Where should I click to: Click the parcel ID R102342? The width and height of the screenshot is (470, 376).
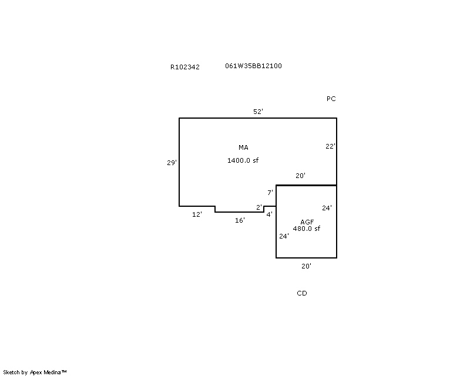[x=185, y=67]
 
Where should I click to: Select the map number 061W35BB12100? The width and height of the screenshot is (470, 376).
[x=253, y=66]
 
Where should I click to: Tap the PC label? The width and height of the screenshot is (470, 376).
[x=331, y=99]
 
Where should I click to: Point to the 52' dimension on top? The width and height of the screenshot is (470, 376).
[x=258, y=112]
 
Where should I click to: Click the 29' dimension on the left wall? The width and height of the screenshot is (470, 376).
[x=172, y=163]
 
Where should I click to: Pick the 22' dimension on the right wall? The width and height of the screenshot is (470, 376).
[x=330, y=146]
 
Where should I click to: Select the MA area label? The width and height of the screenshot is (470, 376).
[x=243, y=147]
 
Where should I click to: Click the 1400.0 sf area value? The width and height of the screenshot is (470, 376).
[x=243, y=160]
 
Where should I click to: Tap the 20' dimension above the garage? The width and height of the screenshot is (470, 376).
[x=300, y=176]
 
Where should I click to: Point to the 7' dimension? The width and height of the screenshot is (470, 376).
[x=270, y=193]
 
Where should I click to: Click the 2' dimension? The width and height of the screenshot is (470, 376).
[x=259, y=207]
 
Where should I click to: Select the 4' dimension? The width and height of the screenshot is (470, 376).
[x=270, y=214]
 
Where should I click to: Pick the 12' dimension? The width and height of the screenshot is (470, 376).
[x=197, y=214]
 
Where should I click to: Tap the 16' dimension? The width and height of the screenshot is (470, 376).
[x=240, y=220]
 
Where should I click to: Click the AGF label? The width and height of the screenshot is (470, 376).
[x=307, y=222]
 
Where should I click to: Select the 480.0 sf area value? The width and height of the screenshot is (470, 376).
[x=306, y=229]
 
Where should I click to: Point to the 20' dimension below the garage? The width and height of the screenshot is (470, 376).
[x=306, y=266]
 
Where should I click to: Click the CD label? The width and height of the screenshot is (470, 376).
[x=302, y=293]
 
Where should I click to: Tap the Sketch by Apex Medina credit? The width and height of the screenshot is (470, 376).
[x=35, y=372]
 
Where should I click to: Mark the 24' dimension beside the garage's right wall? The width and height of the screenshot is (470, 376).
[x=327, y=208]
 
